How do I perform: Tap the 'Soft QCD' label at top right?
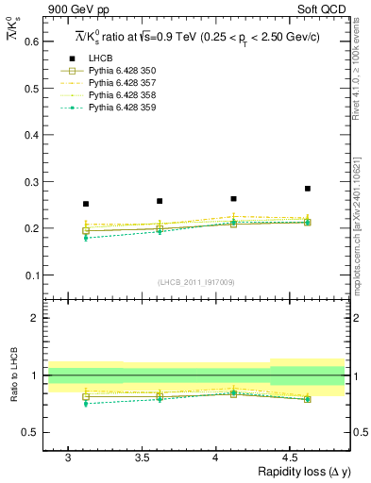coord(322,8)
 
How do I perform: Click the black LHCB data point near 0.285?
coord(308,189)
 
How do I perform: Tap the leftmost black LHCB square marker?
coord(86,204)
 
